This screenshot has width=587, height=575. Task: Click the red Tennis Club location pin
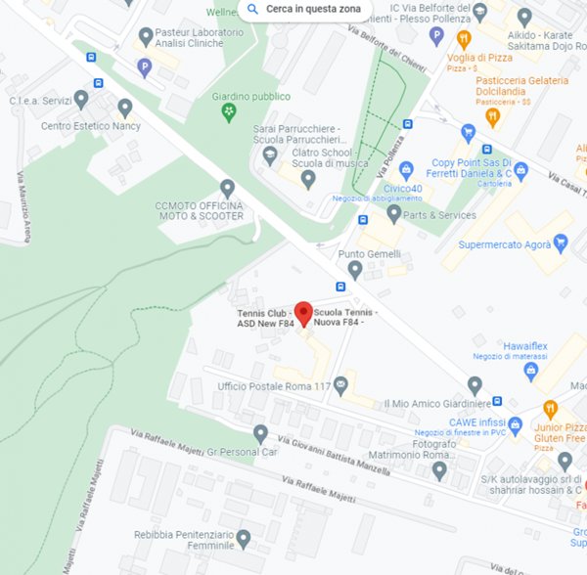(303, 313)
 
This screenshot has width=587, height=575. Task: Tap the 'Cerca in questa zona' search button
(304, 10)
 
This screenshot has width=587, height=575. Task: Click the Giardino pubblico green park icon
(228, 112)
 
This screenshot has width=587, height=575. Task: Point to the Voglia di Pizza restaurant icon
(464, 39)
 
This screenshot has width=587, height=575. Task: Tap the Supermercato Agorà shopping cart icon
(561, 242)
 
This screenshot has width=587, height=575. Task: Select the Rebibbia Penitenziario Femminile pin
(244, 537)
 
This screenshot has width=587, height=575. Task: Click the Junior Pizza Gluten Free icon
(550, 408)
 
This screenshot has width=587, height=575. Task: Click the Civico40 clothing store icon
(406, 168)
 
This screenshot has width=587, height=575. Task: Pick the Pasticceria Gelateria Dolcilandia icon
(493, 115)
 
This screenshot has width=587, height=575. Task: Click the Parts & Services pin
(393, 213)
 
